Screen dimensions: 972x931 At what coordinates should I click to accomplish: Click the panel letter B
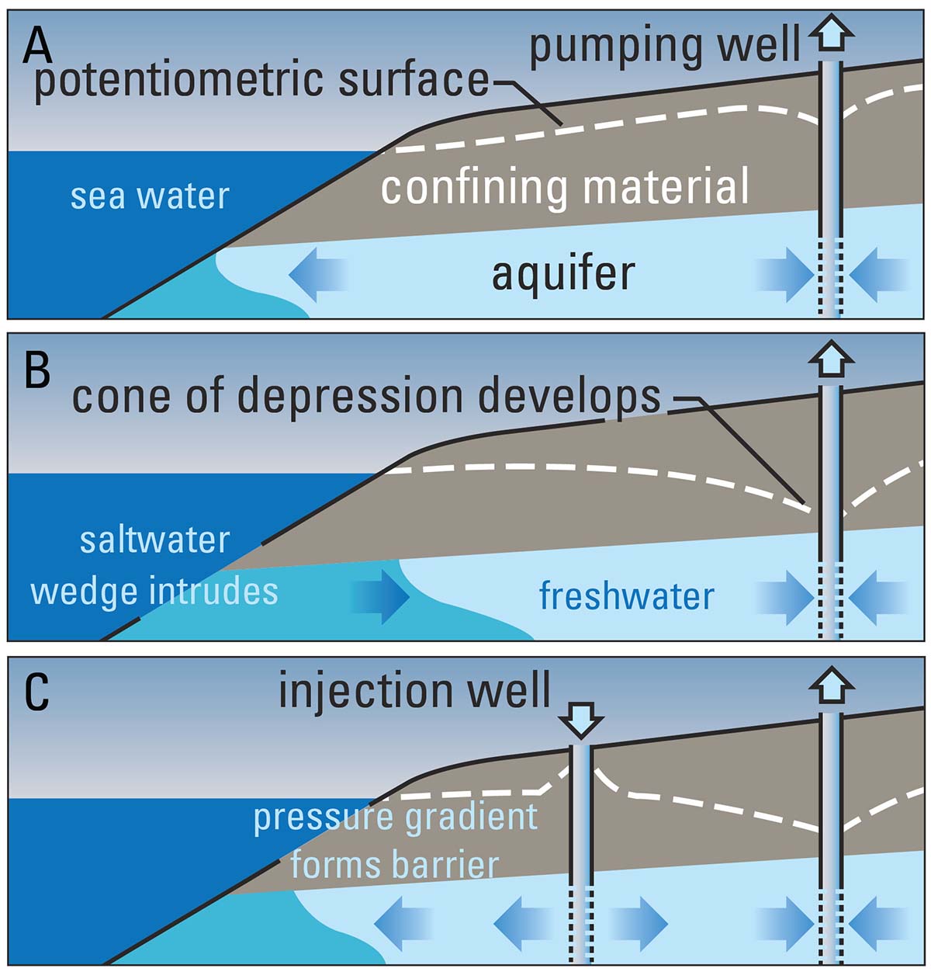click(36, 370)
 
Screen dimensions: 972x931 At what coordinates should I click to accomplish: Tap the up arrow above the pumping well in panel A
click(831, 35)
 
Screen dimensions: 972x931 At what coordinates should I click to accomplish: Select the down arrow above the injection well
click(580, 719)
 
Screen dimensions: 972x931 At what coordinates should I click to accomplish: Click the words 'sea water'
click(150, 196)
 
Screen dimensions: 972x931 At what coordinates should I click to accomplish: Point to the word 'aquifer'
click(563, 274)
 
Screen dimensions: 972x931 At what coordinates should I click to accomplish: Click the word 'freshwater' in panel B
click(626, 596)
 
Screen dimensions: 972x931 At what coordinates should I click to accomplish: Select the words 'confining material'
click(565, 188)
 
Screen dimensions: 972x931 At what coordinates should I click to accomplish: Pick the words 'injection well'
click(414, 691)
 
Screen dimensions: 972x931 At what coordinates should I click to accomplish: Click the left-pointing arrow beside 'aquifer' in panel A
click(318, 274)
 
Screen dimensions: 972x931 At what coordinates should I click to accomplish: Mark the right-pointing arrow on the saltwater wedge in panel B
click(379, 597)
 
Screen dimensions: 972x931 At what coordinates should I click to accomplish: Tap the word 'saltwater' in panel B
click(154, 540)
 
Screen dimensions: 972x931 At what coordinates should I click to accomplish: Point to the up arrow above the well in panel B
click(831, 360)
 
